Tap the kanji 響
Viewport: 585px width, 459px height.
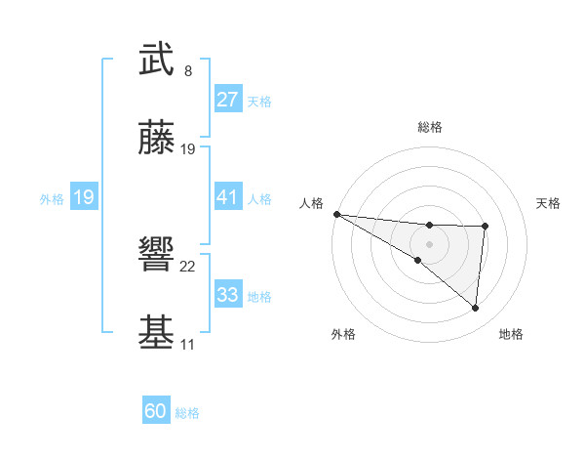point(156,257)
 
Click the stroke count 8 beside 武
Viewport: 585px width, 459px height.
point(187,70)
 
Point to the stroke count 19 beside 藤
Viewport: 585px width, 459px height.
point(188,149)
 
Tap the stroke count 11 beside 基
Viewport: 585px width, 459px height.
point(187,345)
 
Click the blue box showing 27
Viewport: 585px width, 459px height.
point(227,100)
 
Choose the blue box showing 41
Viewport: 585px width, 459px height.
point(227,197)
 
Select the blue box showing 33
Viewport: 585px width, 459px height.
point(227,295)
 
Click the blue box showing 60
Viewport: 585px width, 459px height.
point(156,411)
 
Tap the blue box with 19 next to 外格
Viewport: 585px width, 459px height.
point(83,197)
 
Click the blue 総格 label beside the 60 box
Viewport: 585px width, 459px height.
point(187,413)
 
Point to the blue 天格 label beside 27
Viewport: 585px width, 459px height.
point(259,102)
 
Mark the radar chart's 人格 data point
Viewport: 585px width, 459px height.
point(336,214)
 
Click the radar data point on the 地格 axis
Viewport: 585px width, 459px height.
point(475,309)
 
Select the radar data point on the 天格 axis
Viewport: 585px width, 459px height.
point(485,227)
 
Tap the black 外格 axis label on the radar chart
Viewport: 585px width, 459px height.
point(343,334)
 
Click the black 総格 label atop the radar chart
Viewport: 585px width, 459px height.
point(429,127)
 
